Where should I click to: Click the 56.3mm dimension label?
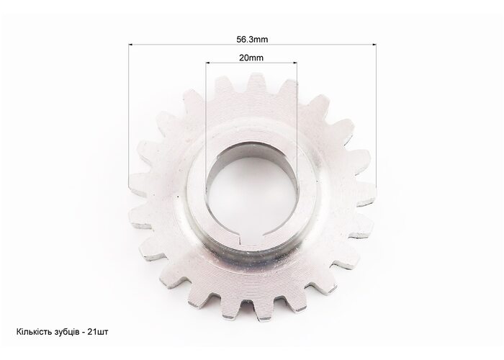[x=252, y=39]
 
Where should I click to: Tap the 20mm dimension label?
[x=251, y=58]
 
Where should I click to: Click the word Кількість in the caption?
[x=32, y=331]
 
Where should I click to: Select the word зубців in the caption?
[x=65, y=332]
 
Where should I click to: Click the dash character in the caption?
[x=84, y=333]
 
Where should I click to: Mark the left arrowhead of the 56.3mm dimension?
[x=131, y=45]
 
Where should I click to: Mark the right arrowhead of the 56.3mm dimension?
[x=374, y=45]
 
